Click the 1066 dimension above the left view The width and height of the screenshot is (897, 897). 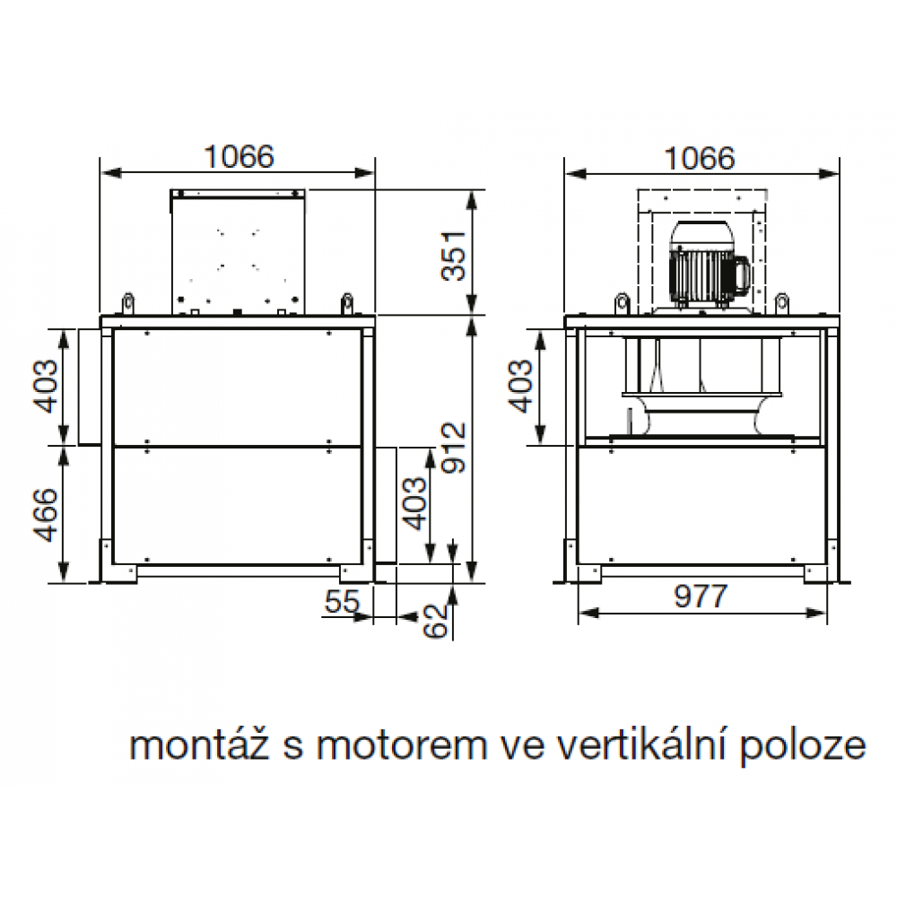[x=239, y=157]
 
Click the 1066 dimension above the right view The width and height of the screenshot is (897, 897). [x=700, y=159]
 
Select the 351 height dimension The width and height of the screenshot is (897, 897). [x=454, y=255]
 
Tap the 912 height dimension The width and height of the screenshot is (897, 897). [x=454, y=448]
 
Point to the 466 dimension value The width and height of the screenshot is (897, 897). [x=46, y=515]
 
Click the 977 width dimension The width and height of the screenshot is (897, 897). [x=701, y=597]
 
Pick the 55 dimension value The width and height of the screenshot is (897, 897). [x=342, y=601]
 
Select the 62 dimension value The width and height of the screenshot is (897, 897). [x=436, y=621]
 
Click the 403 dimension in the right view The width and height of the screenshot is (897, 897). [x=520, y=386]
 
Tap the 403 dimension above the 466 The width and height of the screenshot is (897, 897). [x=46, y=386]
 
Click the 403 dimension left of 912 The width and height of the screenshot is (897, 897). [x=414, y=503]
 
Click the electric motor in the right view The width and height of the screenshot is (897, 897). [x=709, y=266]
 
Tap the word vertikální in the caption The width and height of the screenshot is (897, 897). [x=636, y=745]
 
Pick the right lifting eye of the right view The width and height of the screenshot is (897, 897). [x=782, y=303]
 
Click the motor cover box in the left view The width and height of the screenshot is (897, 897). [x=238, y=252]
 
